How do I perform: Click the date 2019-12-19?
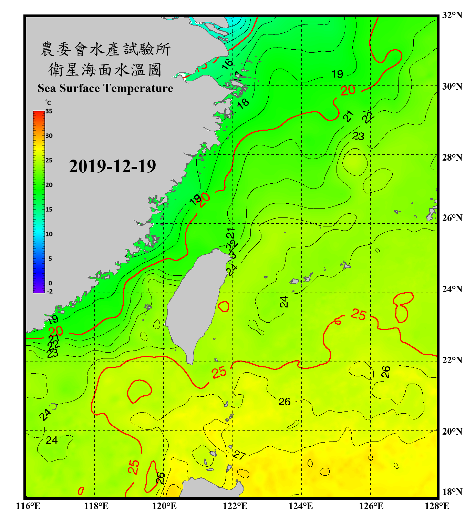click(x=112, y=166)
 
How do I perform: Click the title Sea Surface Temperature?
click(x=105, y=88)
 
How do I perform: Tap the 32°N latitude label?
click(x=452, y=15)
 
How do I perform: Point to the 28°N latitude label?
click(x=452, y=158)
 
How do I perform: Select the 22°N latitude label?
click(x=452, y=360)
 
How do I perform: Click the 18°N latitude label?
click(x=452, y=492)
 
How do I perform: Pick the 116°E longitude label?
click(x=28, y=506)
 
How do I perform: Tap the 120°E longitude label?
click(x=164, y=506)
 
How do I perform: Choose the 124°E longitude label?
click(x=301, y=506)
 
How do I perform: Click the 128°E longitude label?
click(x=437, y=506)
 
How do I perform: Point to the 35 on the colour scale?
click(x=49, y=111)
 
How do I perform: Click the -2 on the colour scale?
click(x=50, y=292)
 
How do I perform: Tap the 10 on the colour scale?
click(x=49, y=234)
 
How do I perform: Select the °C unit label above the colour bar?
click(x=48, y=103)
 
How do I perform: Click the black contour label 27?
click(x=239, y=455)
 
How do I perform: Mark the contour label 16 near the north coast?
click(x=227, y=64)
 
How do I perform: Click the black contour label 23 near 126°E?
click(x=358, y=136)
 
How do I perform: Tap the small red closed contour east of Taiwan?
click(x=224, y=306)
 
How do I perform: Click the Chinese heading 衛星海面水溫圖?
click(x=105, y=70)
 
